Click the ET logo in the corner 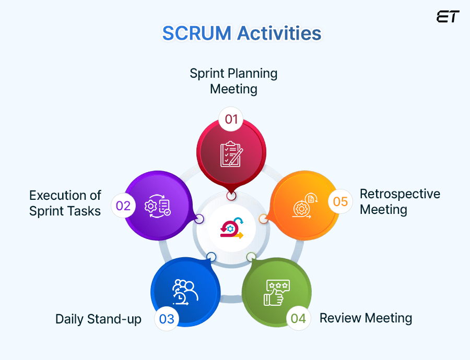(x=448, y=17)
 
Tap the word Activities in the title (x=279, y=33)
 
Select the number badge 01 (x=231, y=119)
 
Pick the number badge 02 (x=123, y=206)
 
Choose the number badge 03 (x=167, y=318)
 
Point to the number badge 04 (x=298, y=318)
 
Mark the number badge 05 (x=340, y=201)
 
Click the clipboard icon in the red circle (x=231, y=154)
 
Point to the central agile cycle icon (x=231, y=228)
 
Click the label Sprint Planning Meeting (x=233, y=81)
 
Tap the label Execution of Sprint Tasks (x=65, y=203)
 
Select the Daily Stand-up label (x=98, y=319)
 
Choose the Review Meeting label (x=366, y=318)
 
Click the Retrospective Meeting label (x=399, y=201)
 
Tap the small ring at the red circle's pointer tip (x=231, y=196)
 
